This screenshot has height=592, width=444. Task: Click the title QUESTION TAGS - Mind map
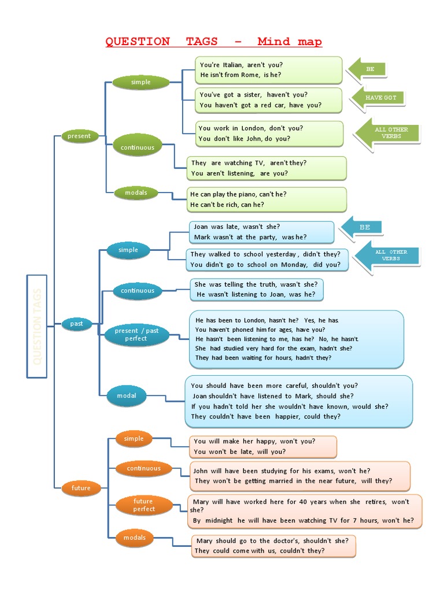[x=213, y=42]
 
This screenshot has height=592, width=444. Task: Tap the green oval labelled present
[x=80, y=136]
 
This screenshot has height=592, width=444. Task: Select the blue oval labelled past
[x=77, y=324]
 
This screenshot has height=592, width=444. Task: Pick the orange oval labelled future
[x=81, y=489]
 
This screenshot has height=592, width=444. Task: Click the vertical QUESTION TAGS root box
[x=37, y=326]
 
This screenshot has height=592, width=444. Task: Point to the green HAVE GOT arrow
[x=378, y=98]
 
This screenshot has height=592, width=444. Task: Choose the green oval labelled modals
[x=136, y=193]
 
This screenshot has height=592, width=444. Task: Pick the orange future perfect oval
[x=143, y=505]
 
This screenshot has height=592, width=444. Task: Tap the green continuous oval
[x=138, y=147]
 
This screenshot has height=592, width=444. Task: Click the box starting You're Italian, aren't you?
[x=269, y=70]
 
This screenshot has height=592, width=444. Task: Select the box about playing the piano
[x=267, y=199]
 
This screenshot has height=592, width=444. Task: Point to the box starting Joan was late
[x=261, y=232]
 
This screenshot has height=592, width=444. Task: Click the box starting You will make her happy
[x=263, y=446]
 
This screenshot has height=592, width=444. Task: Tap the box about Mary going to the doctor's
[x=273, y=546]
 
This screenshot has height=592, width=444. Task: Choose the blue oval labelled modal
[x=127, y=396]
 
